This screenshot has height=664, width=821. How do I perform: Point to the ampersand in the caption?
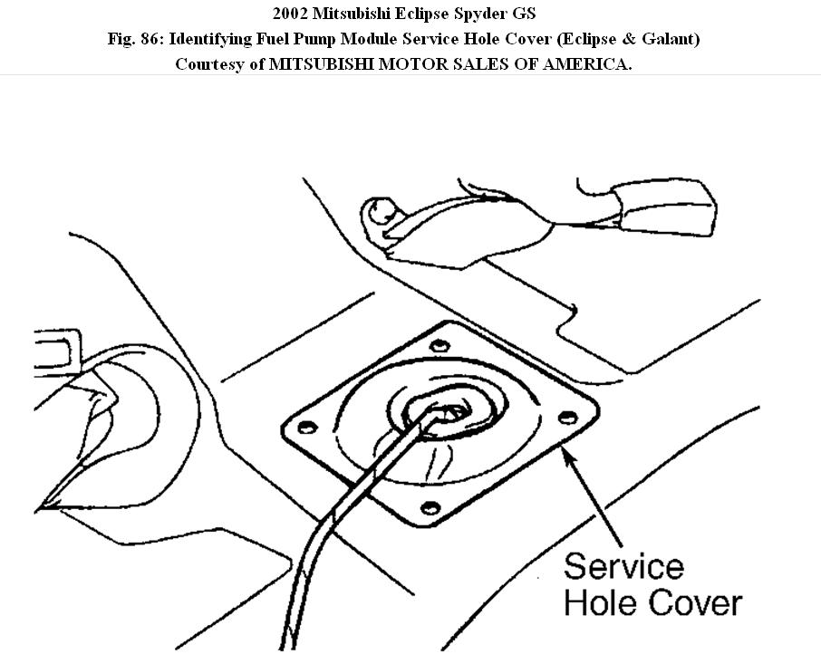tap(631, 40)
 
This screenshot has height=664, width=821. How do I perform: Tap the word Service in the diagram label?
tap(623, 567)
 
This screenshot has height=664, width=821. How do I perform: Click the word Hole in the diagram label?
tap(598, 603)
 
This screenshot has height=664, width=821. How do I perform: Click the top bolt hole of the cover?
tap(439, 345)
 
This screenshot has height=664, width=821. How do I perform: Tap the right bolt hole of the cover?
tap(569, 416)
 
